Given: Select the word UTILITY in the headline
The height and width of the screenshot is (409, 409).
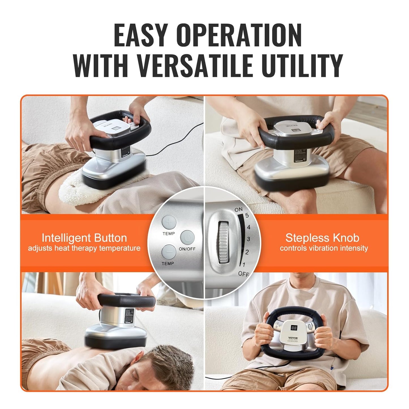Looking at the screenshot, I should (301, 66).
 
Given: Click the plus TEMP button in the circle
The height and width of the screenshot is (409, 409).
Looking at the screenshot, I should (169, 223).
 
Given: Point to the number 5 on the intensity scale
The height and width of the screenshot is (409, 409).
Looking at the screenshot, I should (247, 216).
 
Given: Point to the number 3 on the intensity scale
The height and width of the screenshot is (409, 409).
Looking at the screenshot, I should (248, 239).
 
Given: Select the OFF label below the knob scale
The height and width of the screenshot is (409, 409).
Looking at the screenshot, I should (243, 274).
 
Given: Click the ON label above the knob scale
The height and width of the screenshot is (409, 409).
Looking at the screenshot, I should (238, 210).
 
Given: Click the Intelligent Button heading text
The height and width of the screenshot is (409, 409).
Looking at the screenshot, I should (84, 238).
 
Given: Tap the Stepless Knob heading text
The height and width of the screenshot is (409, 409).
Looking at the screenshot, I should (322, 238).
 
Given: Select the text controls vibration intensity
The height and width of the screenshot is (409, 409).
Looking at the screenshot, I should (324, 248).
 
